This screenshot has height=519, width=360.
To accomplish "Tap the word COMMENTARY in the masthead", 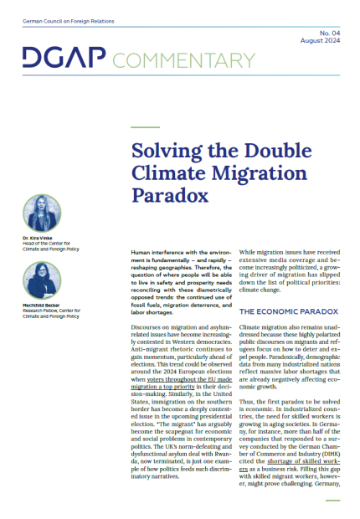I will pos(182,59).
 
